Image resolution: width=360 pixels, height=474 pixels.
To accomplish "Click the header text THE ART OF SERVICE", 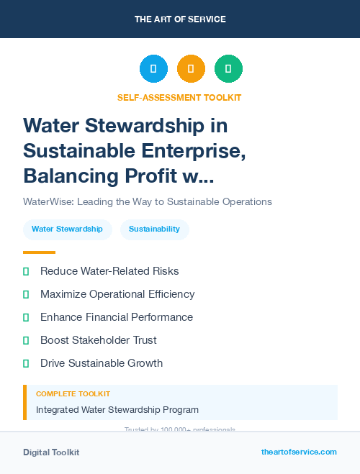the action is (180, 19).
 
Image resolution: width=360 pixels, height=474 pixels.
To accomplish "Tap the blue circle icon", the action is (153, 69).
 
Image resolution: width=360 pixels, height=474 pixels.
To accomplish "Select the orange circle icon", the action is (191, 69).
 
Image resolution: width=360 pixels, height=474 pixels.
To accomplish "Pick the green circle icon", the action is (228, 69).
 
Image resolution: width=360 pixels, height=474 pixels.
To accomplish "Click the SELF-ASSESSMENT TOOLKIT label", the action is (179, 97).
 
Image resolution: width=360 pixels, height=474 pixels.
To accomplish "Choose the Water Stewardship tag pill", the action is (67, 229).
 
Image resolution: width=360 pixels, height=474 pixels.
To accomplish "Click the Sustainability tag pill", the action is (154, 229).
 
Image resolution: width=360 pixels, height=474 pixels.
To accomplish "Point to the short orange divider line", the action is (39, 252).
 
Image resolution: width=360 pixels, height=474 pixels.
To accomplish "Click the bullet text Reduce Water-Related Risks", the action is (109, 271).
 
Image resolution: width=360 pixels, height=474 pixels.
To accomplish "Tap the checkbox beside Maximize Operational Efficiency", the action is (26, 294).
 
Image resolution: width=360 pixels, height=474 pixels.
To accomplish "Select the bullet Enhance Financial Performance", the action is (117, 317).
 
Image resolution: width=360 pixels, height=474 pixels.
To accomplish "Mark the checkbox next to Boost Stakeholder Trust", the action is (26, 340).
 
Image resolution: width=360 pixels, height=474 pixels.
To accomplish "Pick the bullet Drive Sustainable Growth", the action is (102, 363).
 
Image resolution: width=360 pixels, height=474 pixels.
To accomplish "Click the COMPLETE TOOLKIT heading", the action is (73, 394).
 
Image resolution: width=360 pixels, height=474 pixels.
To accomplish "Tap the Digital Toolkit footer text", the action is (51, 452).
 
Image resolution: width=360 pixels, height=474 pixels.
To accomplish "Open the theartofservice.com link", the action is (299, 452).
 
